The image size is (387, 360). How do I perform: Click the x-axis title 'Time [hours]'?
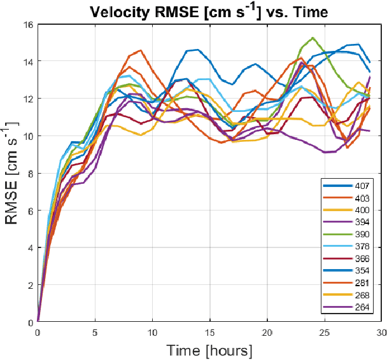[209, 350]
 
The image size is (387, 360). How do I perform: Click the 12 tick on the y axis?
[29, 99]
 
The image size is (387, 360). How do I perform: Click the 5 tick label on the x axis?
[95, 332]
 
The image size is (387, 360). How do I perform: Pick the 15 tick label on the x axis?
[210, 332]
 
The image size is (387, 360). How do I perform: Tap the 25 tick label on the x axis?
[325, 332]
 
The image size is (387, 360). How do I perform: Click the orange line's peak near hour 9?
[141, 50]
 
